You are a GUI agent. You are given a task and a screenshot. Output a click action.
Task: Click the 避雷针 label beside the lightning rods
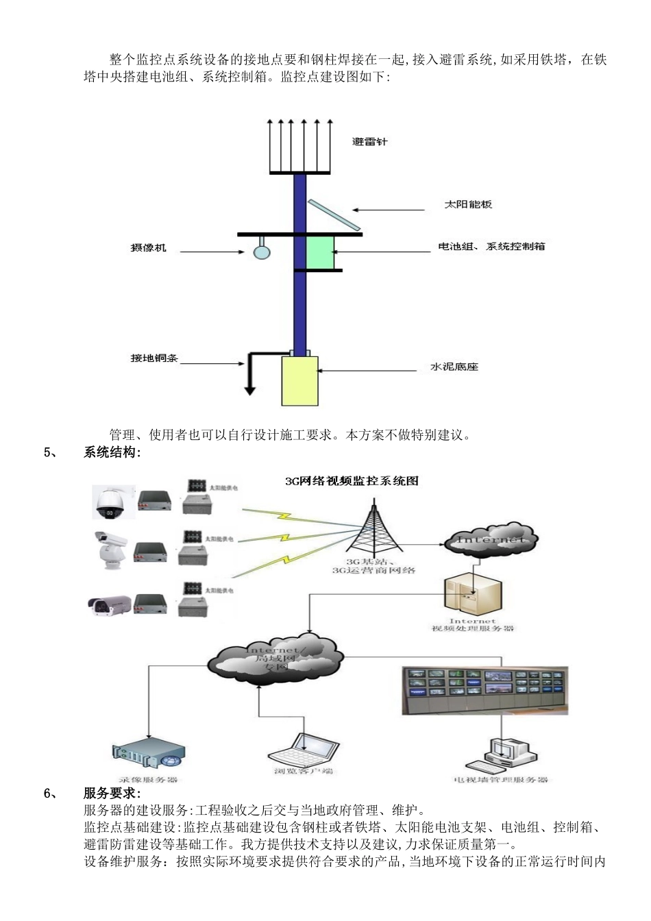pyautogui.click(x=369, y=142)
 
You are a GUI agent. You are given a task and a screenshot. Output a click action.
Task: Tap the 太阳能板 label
pyautogui.click(x=468, y=204)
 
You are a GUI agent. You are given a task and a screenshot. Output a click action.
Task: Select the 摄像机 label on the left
pyautogui.click(x=149, y=247)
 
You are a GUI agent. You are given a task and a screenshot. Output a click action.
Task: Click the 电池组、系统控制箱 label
pyautogui.click(x=491, y=247)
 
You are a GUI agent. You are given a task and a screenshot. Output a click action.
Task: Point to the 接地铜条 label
pyautogui.click(x=154, y=358)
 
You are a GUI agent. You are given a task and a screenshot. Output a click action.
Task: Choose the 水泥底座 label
pyautogui.click(x=454, y=367)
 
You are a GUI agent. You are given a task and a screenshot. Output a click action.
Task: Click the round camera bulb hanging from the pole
pyautogui.click(x=262, y=251)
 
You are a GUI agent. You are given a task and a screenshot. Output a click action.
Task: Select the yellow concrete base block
pyautogui.click(x=300, y=380)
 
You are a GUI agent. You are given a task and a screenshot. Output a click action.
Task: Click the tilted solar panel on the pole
pyautogui.click(x=332, y=214)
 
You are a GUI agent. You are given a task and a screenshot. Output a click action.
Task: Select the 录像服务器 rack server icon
pyautogui.click(x=148, y=757)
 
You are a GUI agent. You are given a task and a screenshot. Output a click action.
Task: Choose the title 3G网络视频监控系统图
pyautogui.click(x=352, y=481)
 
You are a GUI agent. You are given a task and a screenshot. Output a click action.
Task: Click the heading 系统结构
pyautogui.click(x=112, y=452)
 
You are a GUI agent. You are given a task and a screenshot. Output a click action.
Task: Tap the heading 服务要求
pyautogui.click(x=112, y=794)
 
